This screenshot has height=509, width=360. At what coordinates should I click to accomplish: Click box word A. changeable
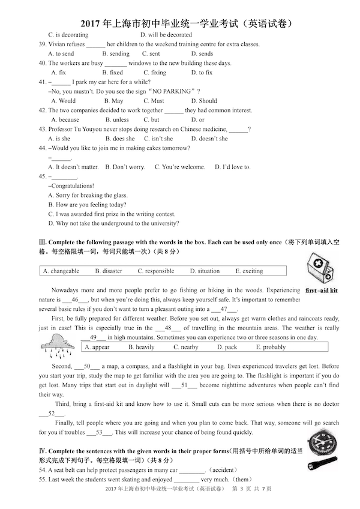coord(61,271)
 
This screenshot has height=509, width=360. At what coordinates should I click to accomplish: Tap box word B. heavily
coord(141,347)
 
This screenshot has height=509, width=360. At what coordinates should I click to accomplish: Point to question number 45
coord(42,176)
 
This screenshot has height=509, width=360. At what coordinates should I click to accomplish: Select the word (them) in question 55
coord(241,480)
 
